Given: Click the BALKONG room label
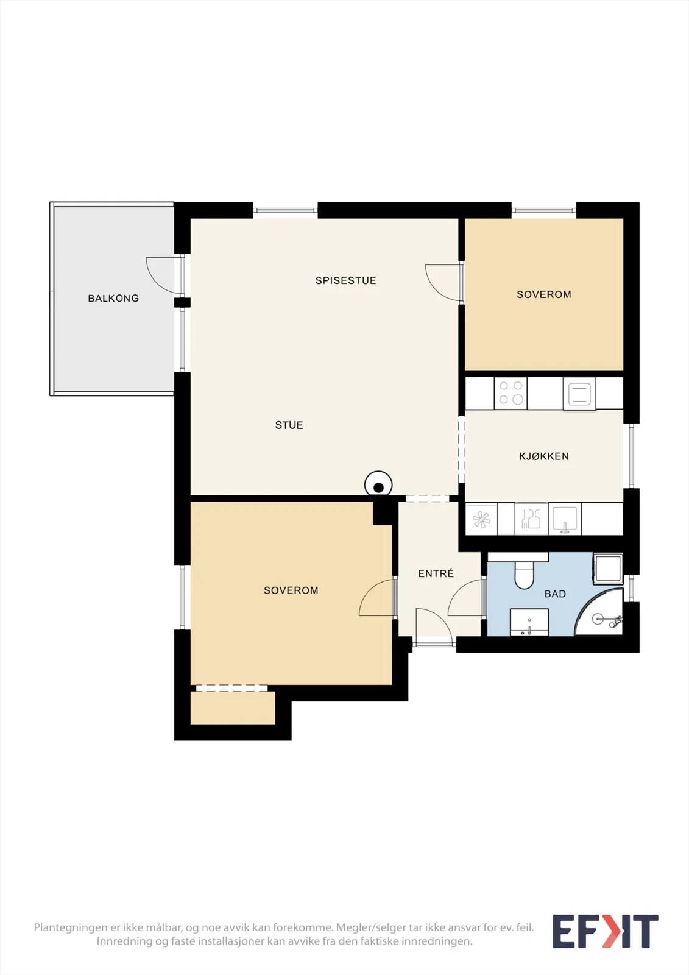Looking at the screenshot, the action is click(113, 298).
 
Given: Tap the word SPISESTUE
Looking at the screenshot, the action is click(345, 280).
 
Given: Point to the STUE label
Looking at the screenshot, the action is click(289, 425).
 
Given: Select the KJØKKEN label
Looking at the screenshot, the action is click(543, 456).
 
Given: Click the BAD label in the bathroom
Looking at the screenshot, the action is click(555, 594).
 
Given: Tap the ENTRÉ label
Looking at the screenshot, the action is click(436, 573).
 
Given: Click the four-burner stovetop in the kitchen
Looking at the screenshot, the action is click(511, 393).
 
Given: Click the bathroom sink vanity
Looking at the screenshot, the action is click(529, 622).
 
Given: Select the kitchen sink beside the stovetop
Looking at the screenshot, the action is click(579, 394).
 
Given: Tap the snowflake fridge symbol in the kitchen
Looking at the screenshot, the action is click(481, 519).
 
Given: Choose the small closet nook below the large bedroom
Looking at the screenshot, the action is click(233, 708).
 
